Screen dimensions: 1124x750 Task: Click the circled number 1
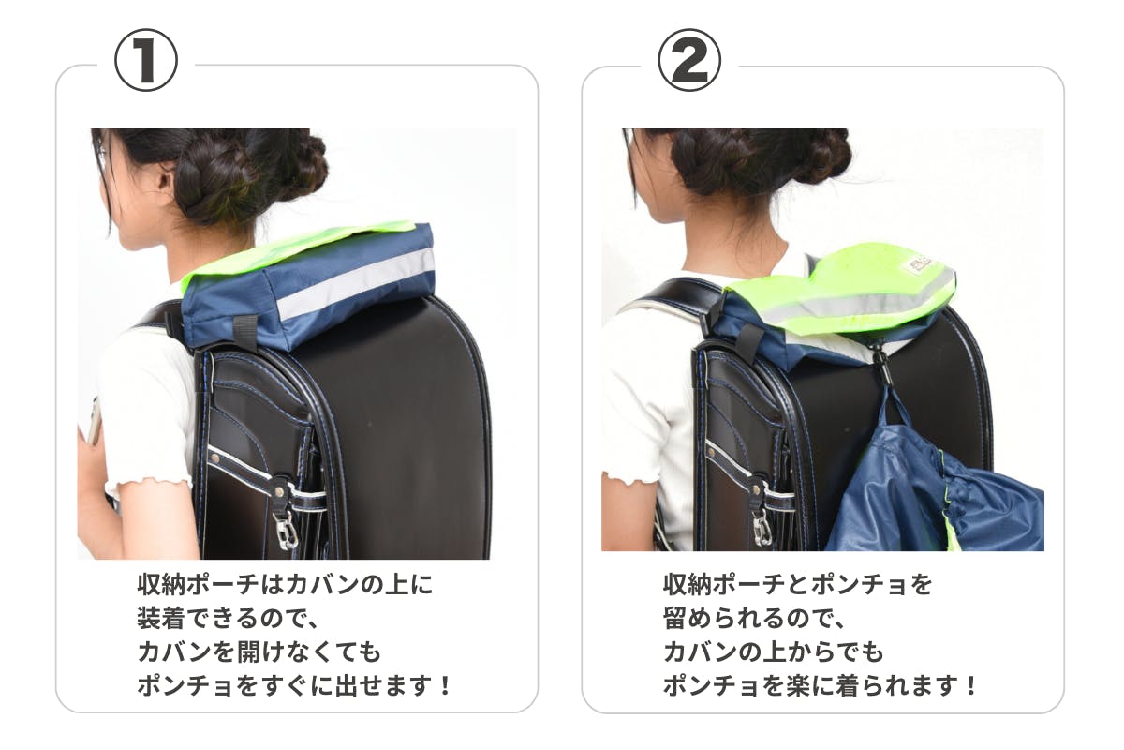tap(146, 60)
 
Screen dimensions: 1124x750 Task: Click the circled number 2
tap(689, 60)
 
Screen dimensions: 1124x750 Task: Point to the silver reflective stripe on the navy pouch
tap(355, 282)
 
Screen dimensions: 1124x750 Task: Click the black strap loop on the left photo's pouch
tap(245, 333)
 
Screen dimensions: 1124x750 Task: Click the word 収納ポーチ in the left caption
tap(199, 585)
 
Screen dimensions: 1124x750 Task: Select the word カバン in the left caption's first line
tap(314, 585)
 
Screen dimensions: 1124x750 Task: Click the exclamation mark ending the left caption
tap(445, 686)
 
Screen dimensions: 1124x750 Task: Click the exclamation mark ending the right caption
tap(971, 686)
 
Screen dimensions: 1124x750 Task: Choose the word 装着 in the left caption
tap(161, 619)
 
